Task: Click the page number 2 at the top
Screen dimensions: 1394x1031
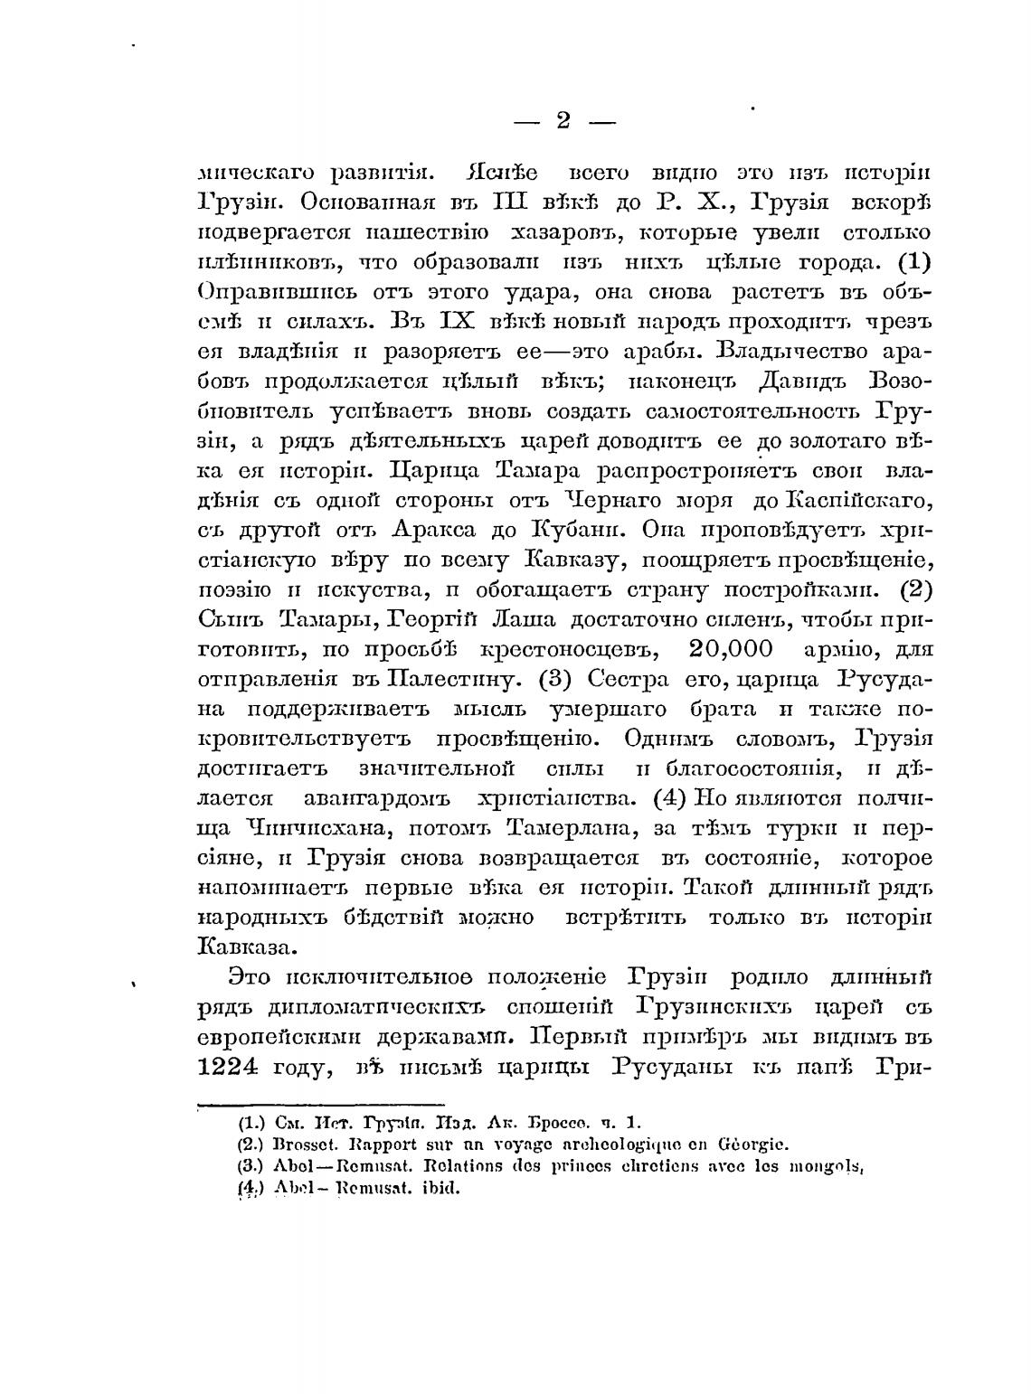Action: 563,120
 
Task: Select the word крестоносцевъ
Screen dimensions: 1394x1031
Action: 557,649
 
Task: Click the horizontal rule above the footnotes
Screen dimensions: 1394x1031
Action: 321,1103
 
